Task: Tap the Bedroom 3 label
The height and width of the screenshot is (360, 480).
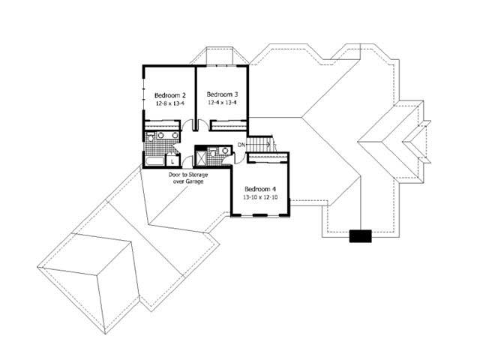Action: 222,95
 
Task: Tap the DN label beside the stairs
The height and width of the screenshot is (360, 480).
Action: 241,144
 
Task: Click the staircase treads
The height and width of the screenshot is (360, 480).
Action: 261,144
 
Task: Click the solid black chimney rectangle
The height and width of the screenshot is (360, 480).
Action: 361,236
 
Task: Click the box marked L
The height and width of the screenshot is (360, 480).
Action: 173,160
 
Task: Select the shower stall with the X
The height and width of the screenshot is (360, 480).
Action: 202,157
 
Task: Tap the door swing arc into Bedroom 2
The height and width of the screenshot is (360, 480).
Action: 187,126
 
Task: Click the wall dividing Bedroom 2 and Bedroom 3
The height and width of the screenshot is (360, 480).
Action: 196,94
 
